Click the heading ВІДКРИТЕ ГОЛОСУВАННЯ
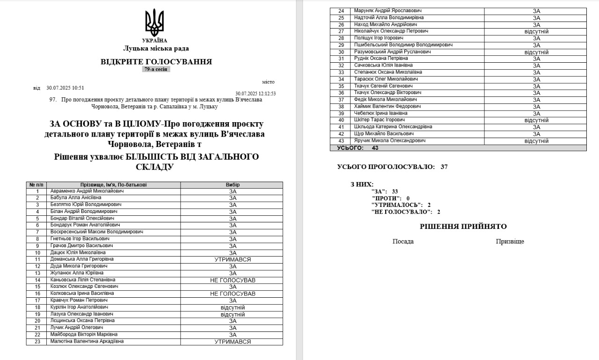[156, 62]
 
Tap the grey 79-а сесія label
[156, 69]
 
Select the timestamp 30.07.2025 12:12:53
[256, 93]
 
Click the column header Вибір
[232, 185]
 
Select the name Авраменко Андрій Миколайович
[87, 191]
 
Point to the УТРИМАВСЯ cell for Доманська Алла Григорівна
[233, 259]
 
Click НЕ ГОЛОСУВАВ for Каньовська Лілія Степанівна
[233, 280]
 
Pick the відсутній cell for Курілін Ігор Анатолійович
[233, 308]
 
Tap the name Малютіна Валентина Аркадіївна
[87, 341]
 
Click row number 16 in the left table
[37, 294]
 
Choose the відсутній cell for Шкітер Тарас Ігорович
[536, 120]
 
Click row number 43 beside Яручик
[341, 141]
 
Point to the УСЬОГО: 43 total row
[358, 148]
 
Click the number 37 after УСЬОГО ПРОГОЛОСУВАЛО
[444, 167]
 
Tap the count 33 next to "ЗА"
[395, 191]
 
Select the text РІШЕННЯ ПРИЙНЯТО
[463, 227]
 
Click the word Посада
[403, 242]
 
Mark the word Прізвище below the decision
[510, 242]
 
